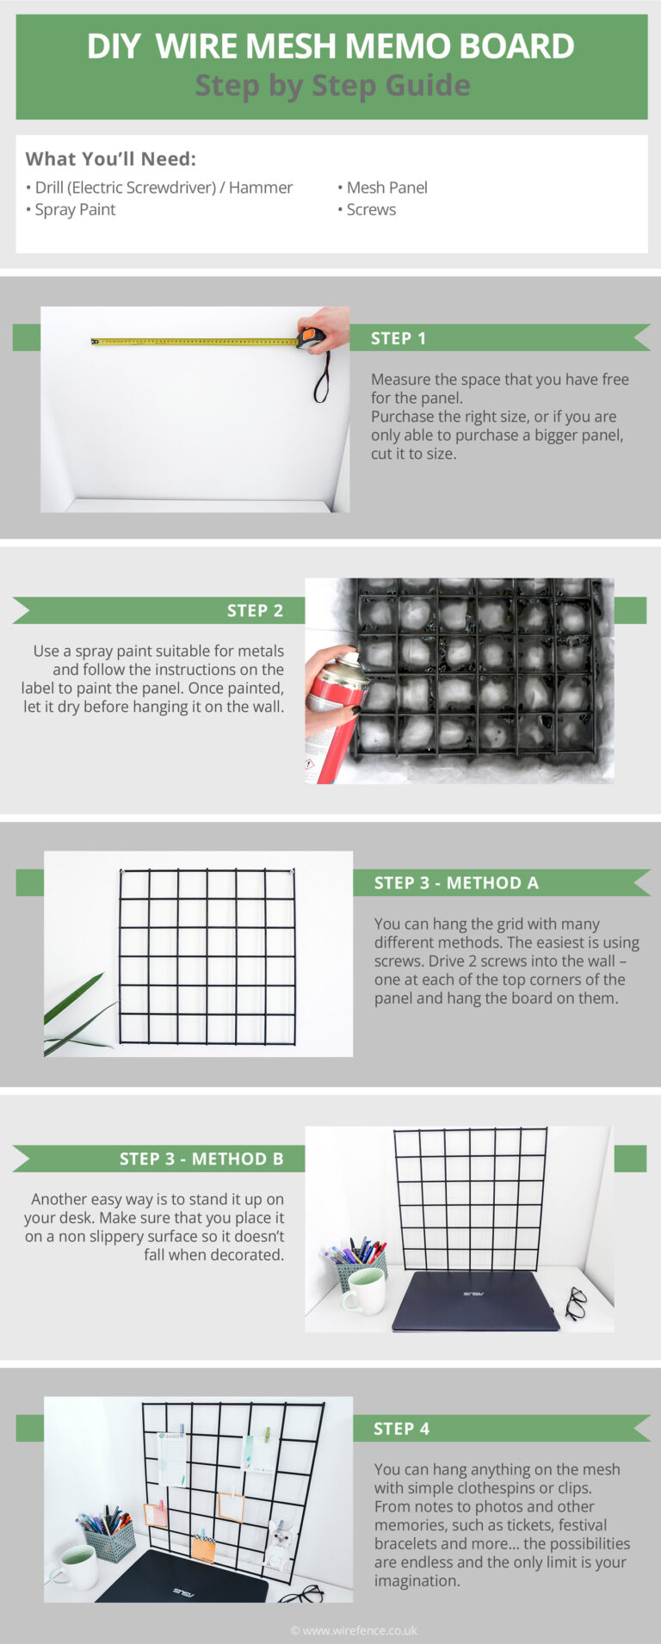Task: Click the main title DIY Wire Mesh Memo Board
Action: (330, 46)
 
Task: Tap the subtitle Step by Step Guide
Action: (332, 85)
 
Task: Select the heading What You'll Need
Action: (110, 159)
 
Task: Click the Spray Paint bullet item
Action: (74, 210)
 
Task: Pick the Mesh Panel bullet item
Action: (386, 188)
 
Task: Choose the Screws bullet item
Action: (370, 210)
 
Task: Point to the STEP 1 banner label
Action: (398, 338)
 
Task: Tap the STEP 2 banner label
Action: (255, 611)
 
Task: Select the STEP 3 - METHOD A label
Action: (456, 883)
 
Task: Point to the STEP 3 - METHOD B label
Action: (201, 1159)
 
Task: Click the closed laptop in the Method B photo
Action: (475, 1300)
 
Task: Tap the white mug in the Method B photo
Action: (366, 1291)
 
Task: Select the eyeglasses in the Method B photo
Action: (575, 1302)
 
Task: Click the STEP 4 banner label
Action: (401, 1429)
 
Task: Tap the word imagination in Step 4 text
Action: (416, 1581)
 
